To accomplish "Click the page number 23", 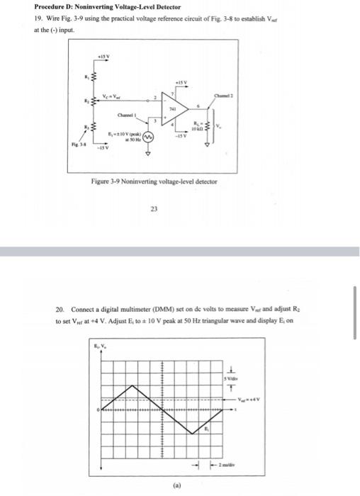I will (x=154, y=208).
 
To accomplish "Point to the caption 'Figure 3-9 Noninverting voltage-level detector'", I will (x=154, y=181).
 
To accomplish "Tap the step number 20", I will (x=60, y=310).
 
